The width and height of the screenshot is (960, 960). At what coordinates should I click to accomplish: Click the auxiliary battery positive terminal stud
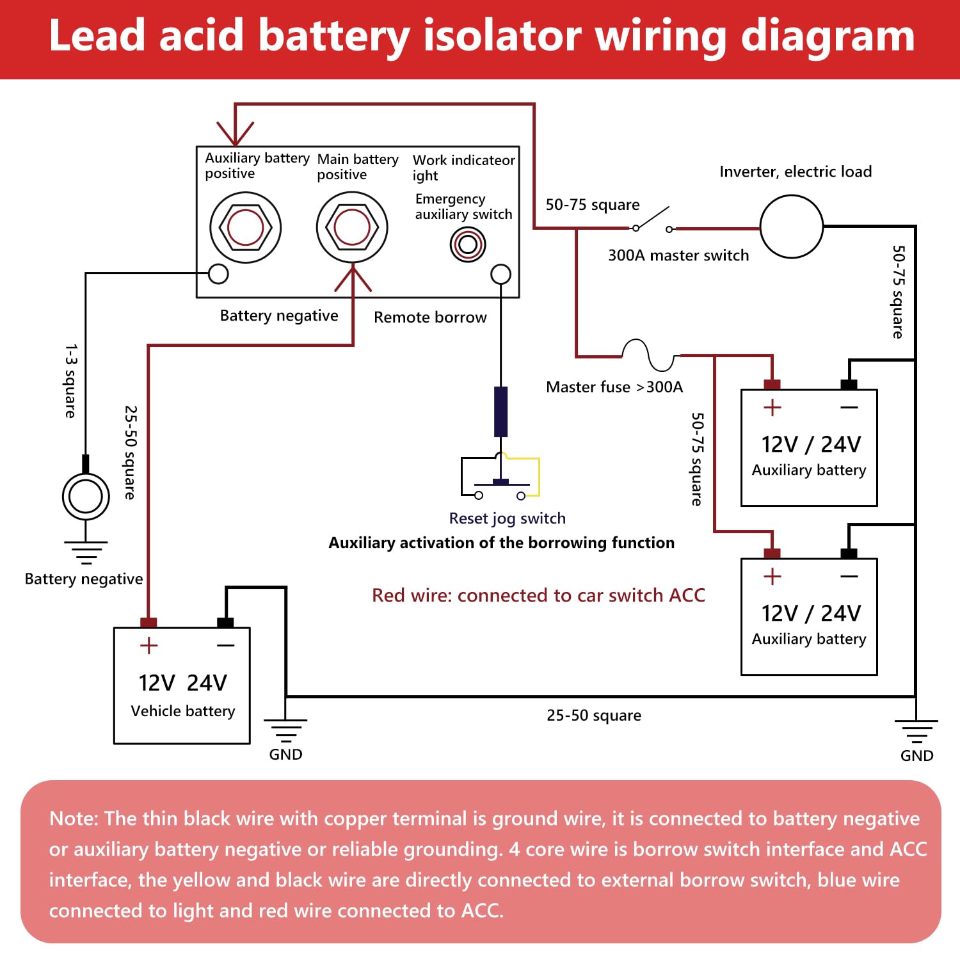pyautogui.click(x=246, y=228)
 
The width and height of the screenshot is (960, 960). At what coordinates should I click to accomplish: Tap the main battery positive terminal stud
pyautogui.click(x=352, y=228)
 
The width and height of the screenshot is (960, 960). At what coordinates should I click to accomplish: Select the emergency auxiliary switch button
pyautogui.click(x=468, y=244)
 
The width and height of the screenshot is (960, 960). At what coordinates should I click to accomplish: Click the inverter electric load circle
pyautogui.click(x=792, y=227)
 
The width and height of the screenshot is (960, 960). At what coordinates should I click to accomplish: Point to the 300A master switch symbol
pyautogui.click(x=652, y=221)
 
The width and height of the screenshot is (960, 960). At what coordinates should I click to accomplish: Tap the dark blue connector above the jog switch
pyautogui.click(x=501, y=412)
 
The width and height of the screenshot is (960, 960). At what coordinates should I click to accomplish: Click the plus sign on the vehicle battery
pyautogui.click(x=148, y=645)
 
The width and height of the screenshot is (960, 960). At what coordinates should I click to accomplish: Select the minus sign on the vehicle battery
pyautogui.click(x=225, y=646)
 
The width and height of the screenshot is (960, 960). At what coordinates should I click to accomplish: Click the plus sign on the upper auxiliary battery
pyautogui.click(x=772, y=408)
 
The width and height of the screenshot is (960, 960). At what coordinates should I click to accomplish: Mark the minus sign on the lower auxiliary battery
pyautogui.click(x=849, y=577)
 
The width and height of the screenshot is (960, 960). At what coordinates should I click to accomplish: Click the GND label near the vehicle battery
pyautogui.click(x=285, y=755)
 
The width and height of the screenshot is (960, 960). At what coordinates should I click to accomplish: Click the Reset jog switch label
pyautogui.click(x=507, y=518)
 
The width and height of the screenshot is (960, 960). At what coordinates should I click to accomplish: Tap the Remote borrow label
pyautogui.click(x=430, y=317)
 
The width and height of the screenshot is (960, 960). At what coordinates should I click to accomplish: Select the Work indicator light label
pyautogui.click(x=463, y=167)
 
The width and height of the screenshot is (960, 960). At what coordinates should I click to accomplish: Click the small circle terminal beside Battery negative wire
pyautogui.click(x=219, y=274)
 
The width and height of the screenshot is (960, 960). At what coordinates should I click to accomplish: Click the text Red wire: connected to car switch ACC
pyautogui.click(x=538, y=595)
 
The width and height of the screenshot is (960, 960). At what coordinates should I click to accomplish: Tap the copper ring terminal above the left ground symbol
pyautogui.click(x=86, y=497)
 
